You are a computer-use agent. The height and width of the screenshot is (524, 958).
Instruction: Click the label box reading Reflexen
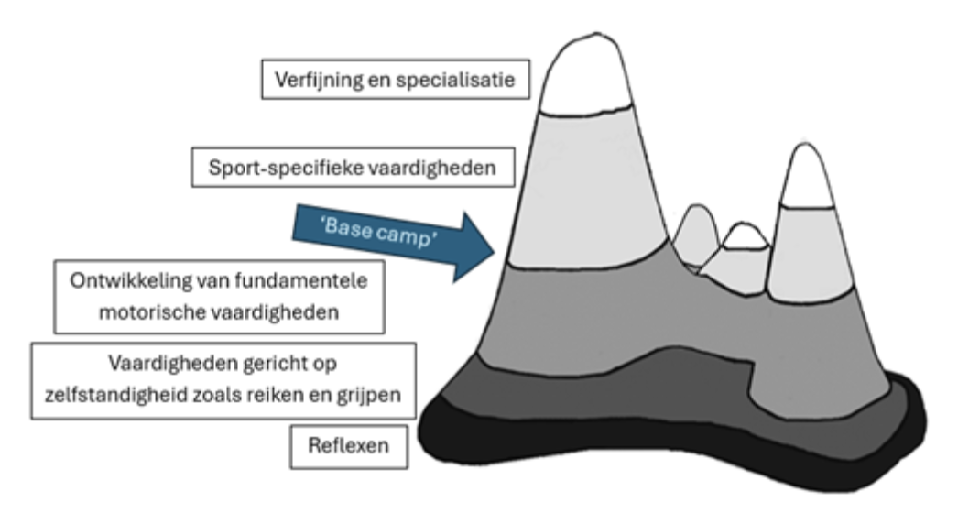point(349,447)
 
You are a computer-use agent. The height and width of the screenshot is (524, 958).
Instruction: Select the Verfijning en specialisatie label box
point(396,79)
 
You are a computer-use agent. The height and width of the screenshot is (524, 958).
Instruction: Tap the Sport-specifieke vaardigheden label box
point(353,167)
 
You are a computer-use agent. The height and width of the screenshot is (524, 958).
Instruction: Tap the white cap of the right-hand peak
point(807,179)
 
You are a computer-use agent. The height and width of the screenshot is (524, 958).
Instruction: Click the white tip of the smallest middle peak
point(745,237)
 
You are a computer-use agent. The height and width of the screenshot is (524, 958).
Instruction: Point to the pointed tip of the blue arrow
point(495,250)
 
